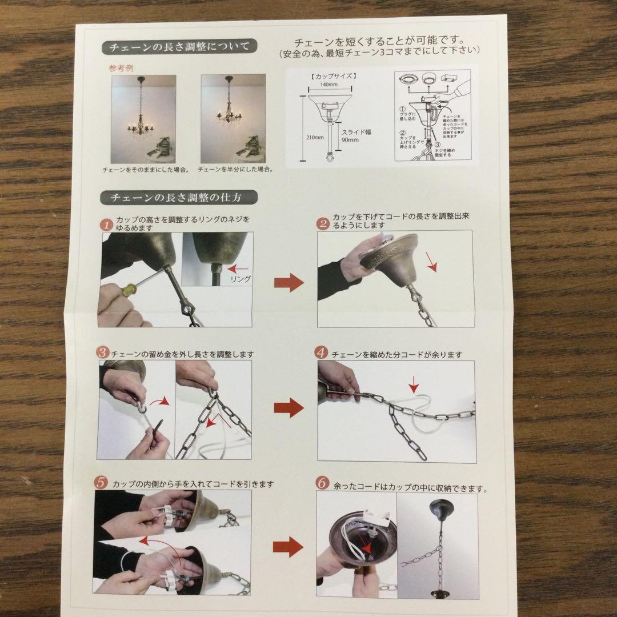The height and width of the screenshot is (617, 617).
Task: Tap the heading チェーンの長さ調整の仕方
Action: tap(179, 198)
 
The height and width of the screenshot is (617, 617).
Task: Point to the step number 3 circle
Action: tap(102, 352)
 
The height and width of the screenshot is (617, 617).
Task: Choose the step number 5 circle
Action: tap(101, 483)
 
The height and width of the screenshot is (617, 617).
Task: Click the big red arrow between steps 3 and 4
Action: tap(289, 408)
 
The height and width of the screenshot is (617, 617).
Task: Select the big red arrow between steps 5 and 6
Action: tap(287, 547)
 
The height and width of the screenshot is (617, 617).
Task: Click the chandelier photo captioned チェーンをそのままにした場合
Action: tap(143, 118)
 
